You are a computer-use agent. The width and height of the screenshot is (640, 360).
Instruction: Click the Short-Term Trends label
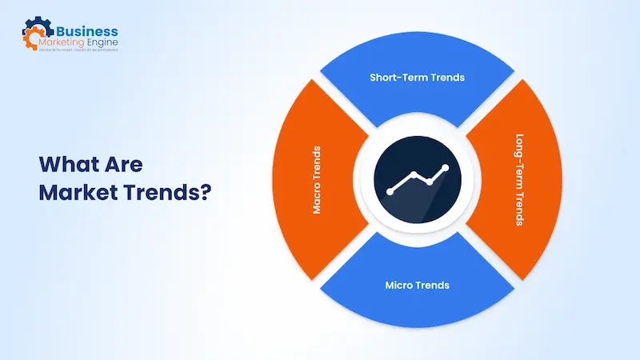(x=417, y=78)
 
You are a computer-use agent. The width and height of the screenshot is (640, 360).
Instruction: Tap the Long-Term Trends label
(x=519, y=180)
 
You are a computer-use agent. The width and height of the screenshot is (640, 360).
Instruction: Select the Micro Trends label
(x=417, y=285)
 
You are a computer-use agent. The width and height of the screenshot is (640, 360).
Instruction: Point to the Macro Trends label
(x=317, y=180)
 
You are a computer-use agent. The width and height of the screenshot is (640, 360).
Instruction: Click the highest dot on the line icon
(x=446, y=167)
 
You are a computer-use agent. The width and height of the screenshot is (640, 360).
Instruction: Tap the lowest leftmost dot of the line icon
(x=390, y=192)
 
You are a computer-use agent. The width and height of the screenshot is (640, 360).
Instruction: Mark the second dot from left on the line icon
(x=413, y=174)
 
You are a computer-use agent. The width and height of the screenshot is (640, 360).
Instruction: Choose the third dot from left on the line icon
(x=430, y=182)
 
